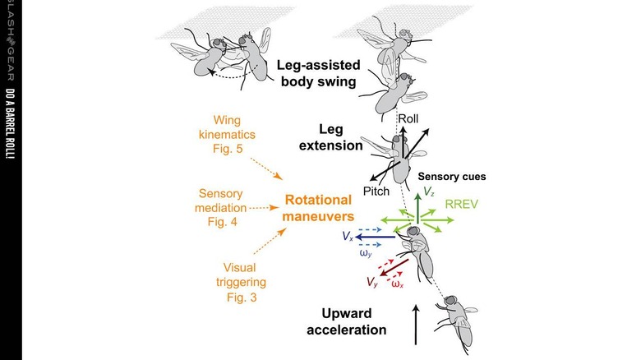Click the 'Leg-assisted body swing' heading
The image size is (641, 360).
coord(319,73)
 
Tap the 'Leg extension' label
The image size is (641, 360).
coord(330,137)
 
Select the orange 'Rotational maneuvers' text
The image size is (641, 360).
coord(318,208)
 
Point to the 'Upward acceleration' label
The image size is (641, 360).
coord(347,321)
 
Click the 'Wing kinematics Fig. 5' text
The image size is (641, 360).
coord(228,135)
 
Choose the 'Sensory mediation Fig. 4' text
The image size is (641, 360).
coord(221,208)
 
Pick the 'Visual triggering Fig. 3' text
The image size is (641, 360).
coord(241,282)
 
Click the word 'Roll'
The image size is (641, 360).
coord(408,119)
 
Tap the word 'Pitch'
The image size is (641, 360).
coord(376,191)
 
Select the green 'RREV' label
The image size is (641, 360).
coord(462,204)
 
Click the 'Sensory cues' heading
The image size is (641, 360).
coord(452,177)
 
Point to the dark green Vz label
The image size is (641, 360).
coord(429,192)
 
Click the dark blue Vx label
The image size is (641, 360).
coord(348,237)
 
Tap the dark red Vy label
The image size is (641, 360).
coord(372,282)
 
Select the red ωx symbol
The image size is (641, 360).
coord(398,284)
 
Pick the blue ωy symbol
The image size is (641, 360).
coord(366,253)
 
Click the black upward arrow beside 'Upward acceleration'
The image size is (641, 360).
coord(416,325)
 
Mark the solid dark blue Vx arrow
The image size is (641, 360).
coord(376,237)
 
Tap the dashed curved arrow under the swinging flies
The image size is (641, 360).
coord(229,75)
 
